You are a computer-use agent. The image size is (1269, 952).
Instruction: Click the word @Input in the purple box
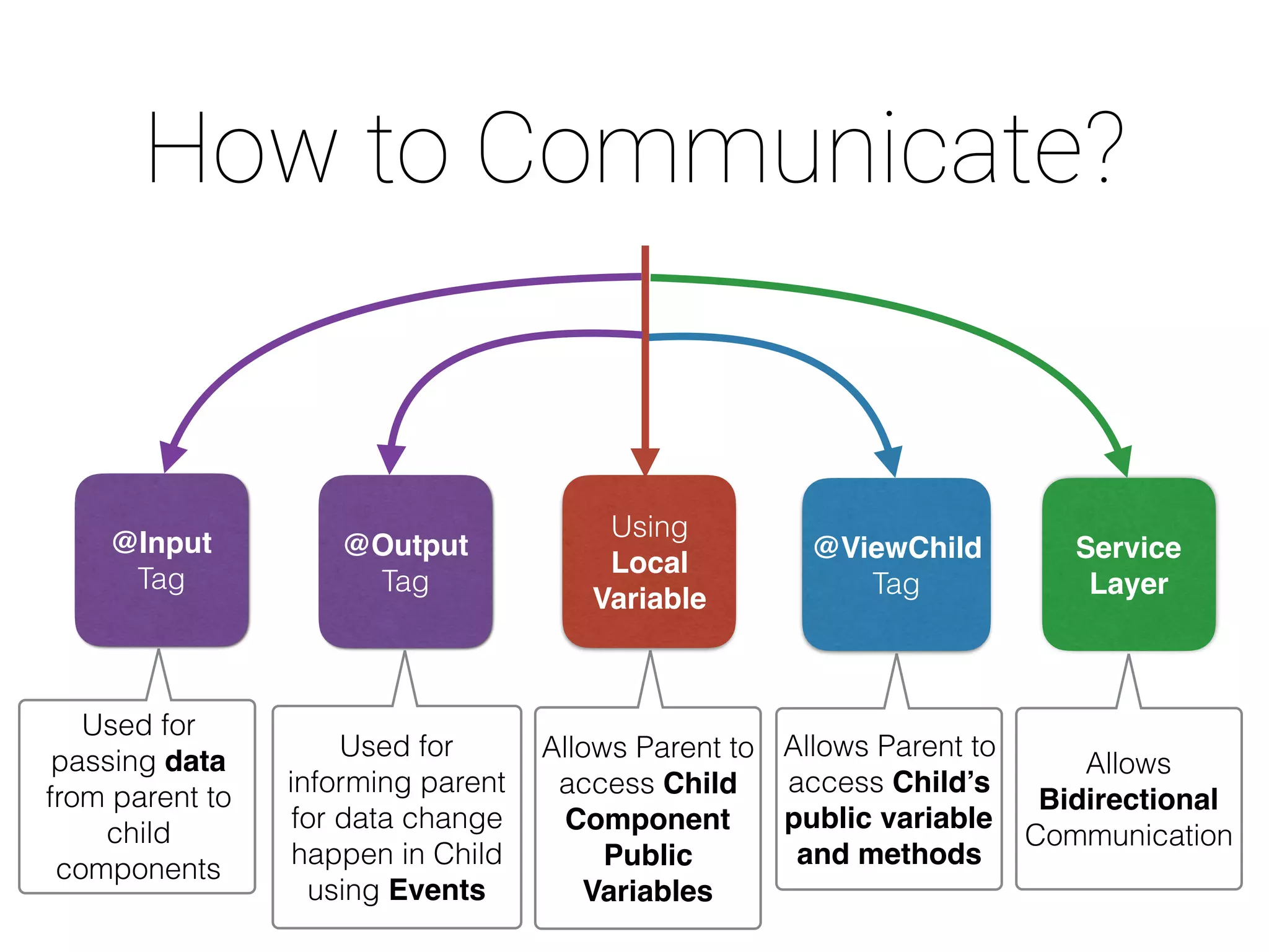pyautogui.click(x=162, y=543)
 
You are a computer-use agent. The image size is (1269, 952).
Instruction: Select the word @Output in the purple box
pyautogui.click(x=406, y=545)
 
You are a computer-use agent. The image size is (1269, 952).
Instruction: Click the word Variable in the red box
pyautogui.click(x=649, y=599)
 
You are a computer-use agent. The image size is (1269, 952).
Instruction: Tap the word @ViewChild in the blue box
pyautogui.click(x=897, y=548)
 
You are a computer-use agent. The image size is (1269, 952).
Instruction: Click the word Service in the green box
pyautogui.click(x=1128, y=548)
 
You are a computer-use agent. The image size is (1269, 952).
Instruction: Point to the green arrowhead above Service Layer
pyautogui.click(x=1120, y=462)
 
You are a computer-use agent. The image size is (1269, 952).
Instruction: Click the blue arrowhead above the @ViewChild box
pyautogui.click(x=890, y=462)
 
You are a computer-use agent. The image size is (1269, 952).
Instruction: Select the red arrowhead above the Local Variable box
pyautogui.click(x=645, y=461)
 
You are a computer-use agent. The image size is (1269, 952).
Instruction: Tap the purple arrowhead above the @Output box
pyautogui.click(x=391, y=459)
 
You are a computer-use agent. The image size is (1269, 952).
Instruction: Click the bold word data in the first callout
pyautogui.click(x=195, y=761)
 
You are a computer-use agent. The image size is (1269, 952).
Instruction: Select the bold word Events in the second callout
pyautogui.click(x=437, y=890)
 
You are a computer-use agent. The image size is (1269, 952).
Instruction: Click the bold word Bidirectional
pyautogui.click(x=1128, y=800)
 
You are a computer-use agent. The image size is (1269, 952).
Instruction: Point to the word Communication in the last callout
pyautogui.click(x=1128, y=835)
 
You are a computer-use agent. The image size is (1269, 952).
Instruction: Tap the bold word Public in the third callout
pyautogui.click(x=648, y=855)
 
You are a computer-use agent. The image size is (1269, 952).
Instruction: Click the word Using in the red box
pyautogui.click(x=649, y=527)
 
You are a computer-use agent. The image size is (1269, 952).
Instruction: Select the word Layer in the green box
pyautogui.click(x=1128, y=584)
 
